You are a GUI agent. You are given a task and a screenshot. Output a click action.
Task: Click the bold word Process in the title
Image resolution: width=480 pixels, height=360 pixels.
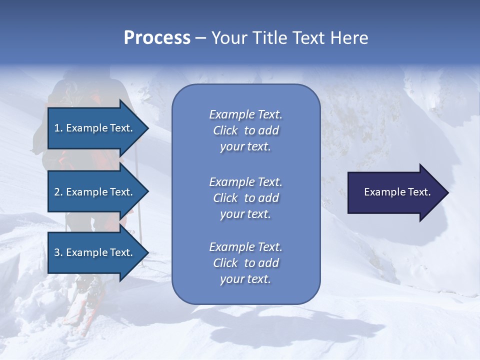(157, 38)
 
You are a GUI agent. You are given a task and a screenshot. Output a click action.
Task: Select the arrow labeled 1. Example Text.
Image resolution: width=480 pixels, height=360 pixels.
(95, 128)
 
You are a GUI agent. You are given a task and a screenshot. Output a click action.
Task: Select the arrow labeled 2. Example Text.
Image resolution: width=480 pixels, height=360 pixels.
(95, 192)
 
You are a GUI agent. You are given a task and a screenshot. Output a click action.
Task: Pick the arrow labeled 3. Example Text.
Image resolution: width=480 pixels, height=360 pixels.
(95, 252)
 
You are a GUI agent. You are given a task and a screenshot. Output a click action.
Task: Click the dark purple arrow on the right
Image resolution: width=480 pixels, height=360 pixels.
(395, 192)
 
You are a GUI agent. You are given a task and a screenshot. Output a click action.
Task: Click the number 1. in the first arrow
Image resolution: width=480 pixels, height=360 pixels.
(58, 128)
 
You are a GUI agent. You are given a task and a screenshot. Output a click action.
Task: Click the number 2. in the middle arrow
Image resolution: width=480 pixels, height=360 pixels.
(58, 192)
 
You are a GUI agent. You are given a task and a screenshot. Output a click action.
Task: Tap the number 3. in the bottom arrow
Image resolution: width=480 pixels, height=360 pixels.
(58, 253)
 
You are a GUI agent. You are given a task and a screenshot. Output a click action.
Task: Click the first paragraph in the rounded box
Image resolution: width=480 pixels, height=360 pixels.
(245, 130)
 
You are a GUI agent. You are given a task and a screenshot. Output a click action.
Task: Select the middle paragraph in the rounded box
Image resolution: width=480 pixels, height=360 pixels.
(245, 198)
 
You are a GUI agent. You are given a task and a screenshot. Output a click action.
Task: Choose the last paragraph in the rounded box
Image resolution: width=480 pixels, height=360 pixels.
(245, 263)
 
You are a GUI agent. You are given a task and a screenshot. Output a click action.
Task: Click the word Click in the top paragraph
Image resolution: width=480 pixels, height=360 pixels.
(225, 130)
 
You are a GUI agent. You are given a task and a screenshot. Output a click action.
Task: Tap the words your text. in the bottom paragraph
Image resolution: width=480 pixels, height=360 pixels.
(245, 279)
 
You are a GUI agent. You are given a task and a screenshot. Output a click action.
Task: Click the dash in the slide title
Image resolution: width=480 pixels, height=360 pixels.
(200, 38)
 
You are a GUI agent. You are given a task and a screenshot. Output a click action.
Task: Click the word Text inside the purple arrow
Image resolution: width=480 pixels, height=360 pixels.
(419, 192)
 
